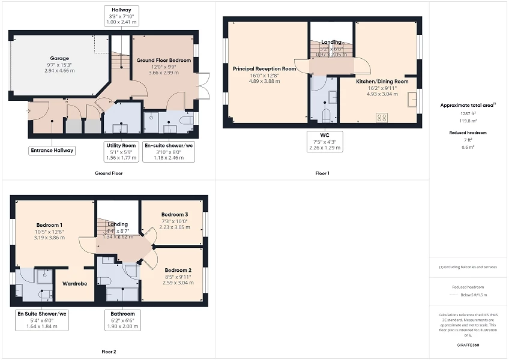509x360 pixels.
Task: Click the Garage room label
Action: coord(59,42)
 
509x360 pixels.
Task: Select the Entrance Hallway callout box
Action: coord(52,151)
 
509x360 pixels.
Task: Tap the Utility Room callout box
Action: coord(121,152)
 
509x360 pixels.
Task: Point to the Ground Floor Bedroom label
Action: coord(164,61)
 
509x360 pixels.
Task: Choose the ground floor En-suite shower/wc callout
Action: coord(169,152)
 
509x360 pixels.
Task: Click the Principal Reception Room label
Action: coord(265,69)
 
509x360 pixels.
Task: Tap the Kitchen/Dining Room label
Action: coord(382,81)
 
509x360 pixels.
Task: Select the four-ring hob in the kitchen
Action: coord(381,118)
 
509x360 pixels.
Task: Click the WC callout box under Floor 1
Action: coord(325,141)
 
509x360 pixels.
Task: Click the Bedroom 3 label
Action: coord(174,215)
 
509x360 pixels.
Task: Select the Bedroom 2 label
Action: coord(177,270)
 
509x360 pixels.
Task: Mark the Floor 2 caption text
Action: coord(109,352)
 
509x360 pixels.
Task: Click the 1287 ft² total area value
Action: coord(468,113)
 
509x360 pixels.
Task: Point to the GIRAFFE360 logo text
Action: coord(468,345)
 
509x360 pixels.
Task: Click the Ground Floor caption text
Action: coord(109,173)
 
